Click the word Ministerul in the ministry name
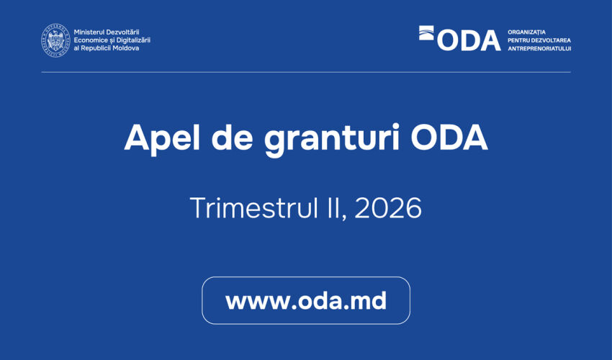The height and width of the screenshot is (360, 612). [x=90, y=32]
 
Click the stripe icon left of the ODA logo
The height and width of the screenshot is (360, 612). [x=427, y=32]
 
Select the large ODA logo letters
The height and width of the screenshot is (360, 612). [x=468, y=40]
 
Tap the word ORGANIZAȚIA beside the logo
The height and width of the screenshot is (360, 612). [x=527, y=32]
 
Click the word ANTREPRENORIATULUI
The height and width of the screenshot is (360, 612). [x=539, y=48]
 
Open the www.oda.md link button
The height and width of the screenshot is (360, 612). [x=306, y=301]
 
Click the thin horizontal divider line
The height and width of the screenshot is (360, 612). [x=306, y=72]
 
